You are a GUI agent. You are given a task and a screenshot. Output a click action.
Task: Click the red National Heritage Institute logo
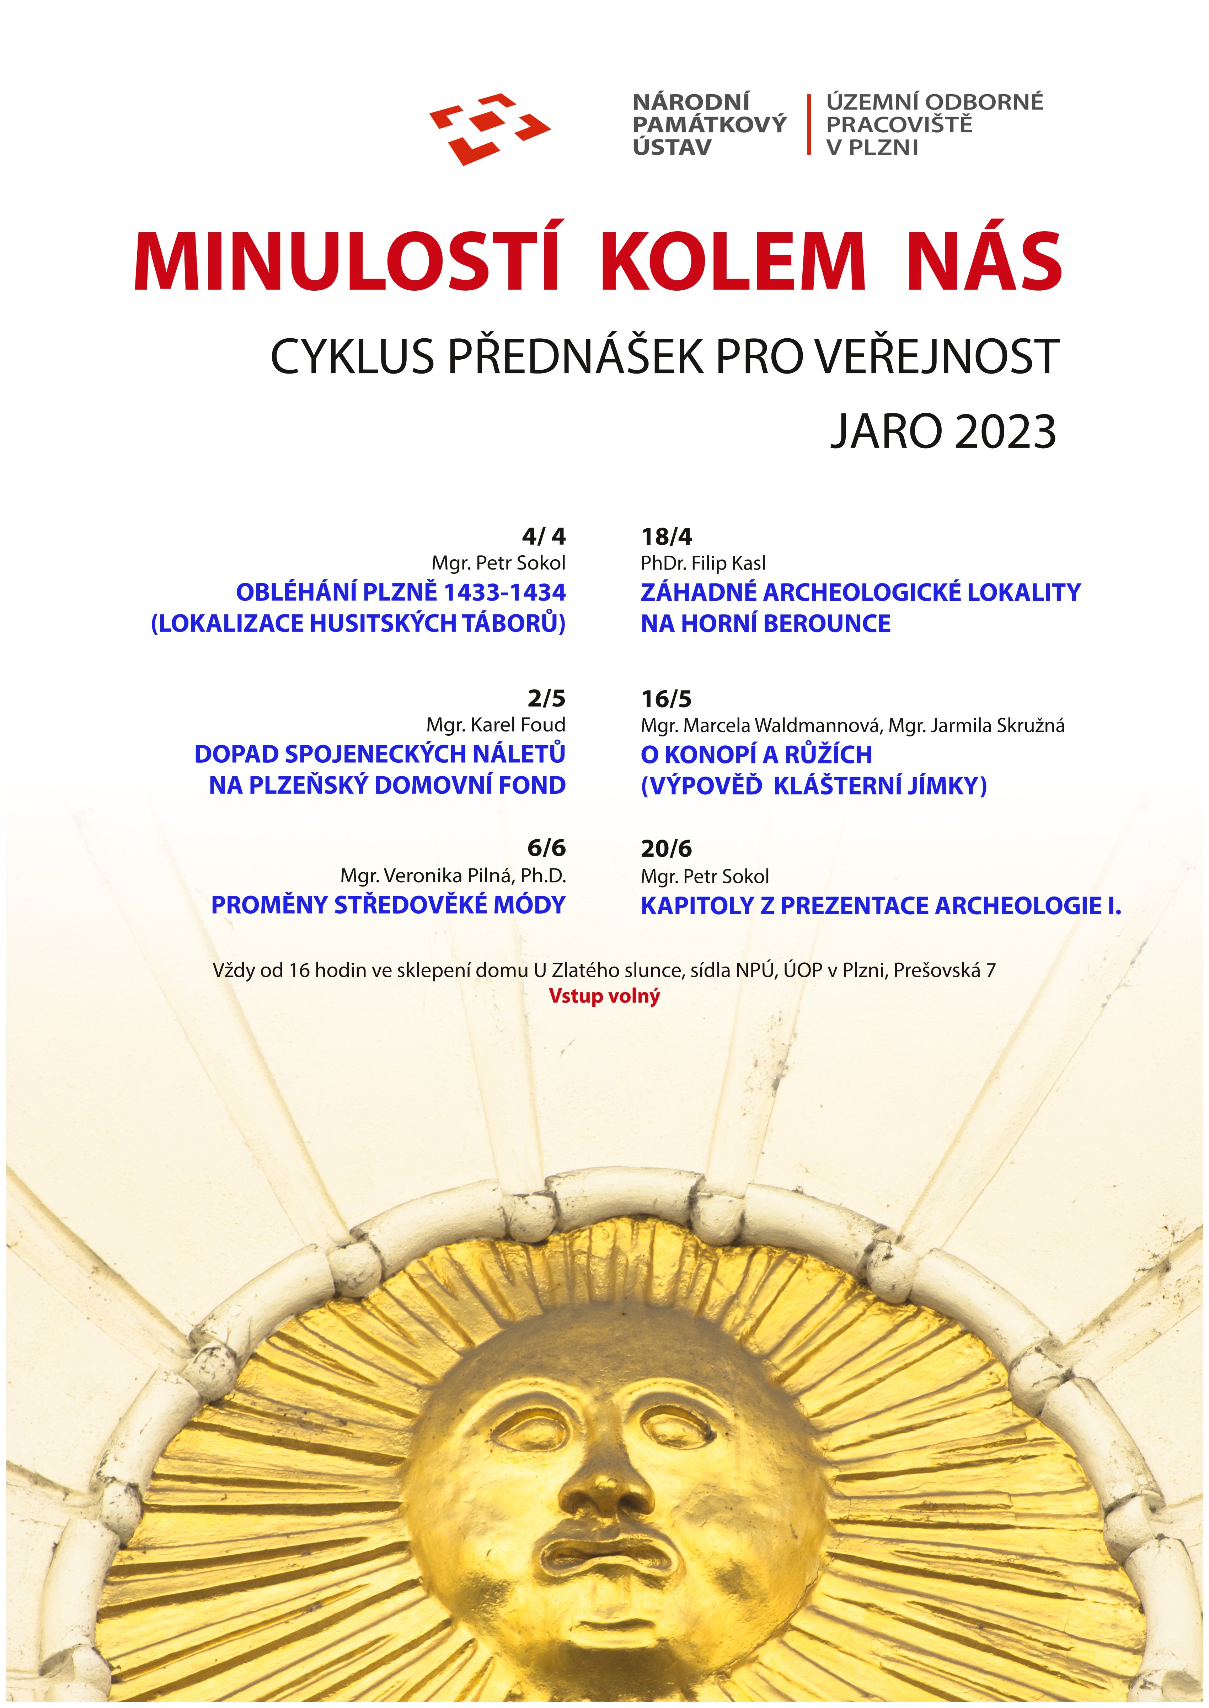[x=489, y=128]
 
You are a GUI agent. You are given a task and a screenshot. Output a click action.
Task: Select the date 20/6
[x=666, y=848]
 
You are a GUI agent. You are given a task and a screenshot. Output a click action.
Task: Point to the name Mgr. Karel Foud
[x=496, y=725]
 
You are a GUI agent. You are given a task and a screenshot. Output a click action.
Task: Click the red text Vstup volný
[x=604, y=996]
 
